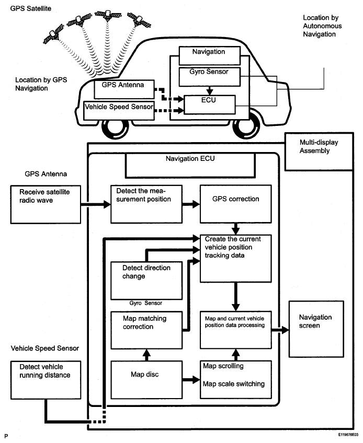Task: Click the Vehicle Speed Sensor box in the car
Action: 120,110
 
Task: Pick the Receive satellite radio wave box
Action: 45,202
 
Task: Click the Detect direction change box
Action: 146,280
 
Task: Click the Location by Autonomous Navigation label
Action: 320,26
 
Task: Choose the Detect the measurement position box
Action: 146,204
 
